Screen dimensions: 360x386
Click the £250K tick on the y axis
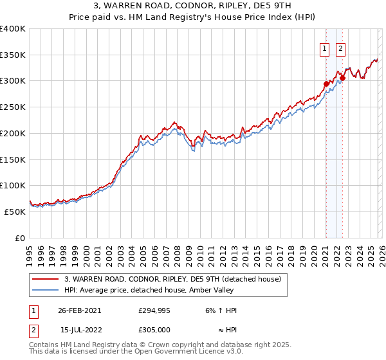(x=13, y=107)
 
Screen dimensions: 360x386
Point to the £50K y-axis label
(x=15, y=212)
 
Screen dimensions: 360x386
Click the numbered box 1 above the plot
(x=326, y=48)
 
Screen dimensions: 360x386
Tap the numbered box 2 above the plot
(x=340, y=48)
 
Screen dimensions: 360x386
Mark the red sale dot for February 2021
(x=326, y=83)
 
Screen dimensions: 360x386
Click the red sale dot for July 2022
(x=342, y=78)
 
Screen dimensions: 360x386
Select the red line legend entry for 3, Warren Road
(x=172, y=279)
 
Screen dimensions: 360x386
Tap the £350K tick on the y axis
(x=13, y=55)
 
